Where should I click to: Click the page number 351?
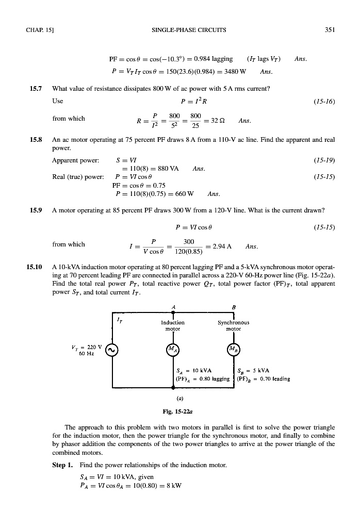[x=330, y=30]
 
